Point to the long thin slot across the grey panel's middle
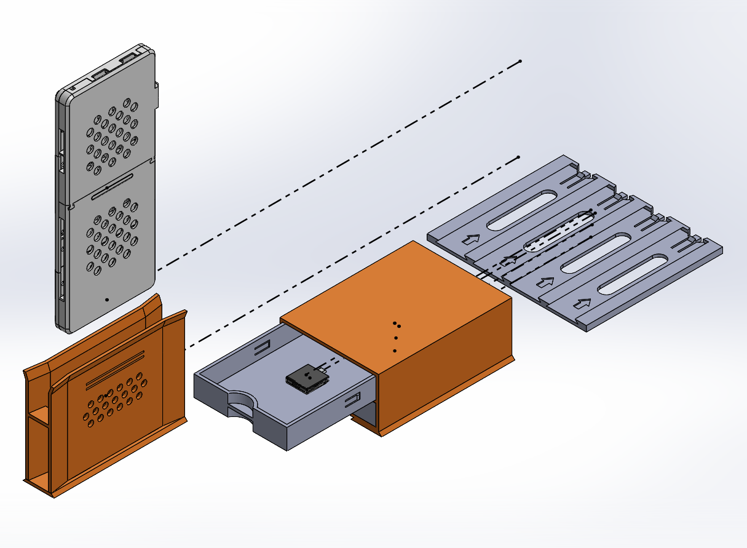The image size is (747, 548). tap(113, 186)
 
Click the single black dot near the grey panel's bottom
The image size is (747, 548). tap(107, 300)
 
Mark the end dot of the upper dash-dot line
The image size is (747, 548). tap(520, 62)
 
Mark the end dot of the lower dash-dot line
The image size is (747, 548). tap(518, 157)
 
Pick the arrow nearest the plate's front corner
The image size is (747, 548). tap(582, 303)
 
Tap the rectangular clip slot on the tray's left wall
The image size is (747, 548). tap(263, 349)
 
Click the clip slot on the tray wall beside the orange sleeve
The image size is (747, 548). tap(352, 400)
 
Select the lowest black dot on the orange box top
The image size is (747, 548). tap(395, 351)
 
